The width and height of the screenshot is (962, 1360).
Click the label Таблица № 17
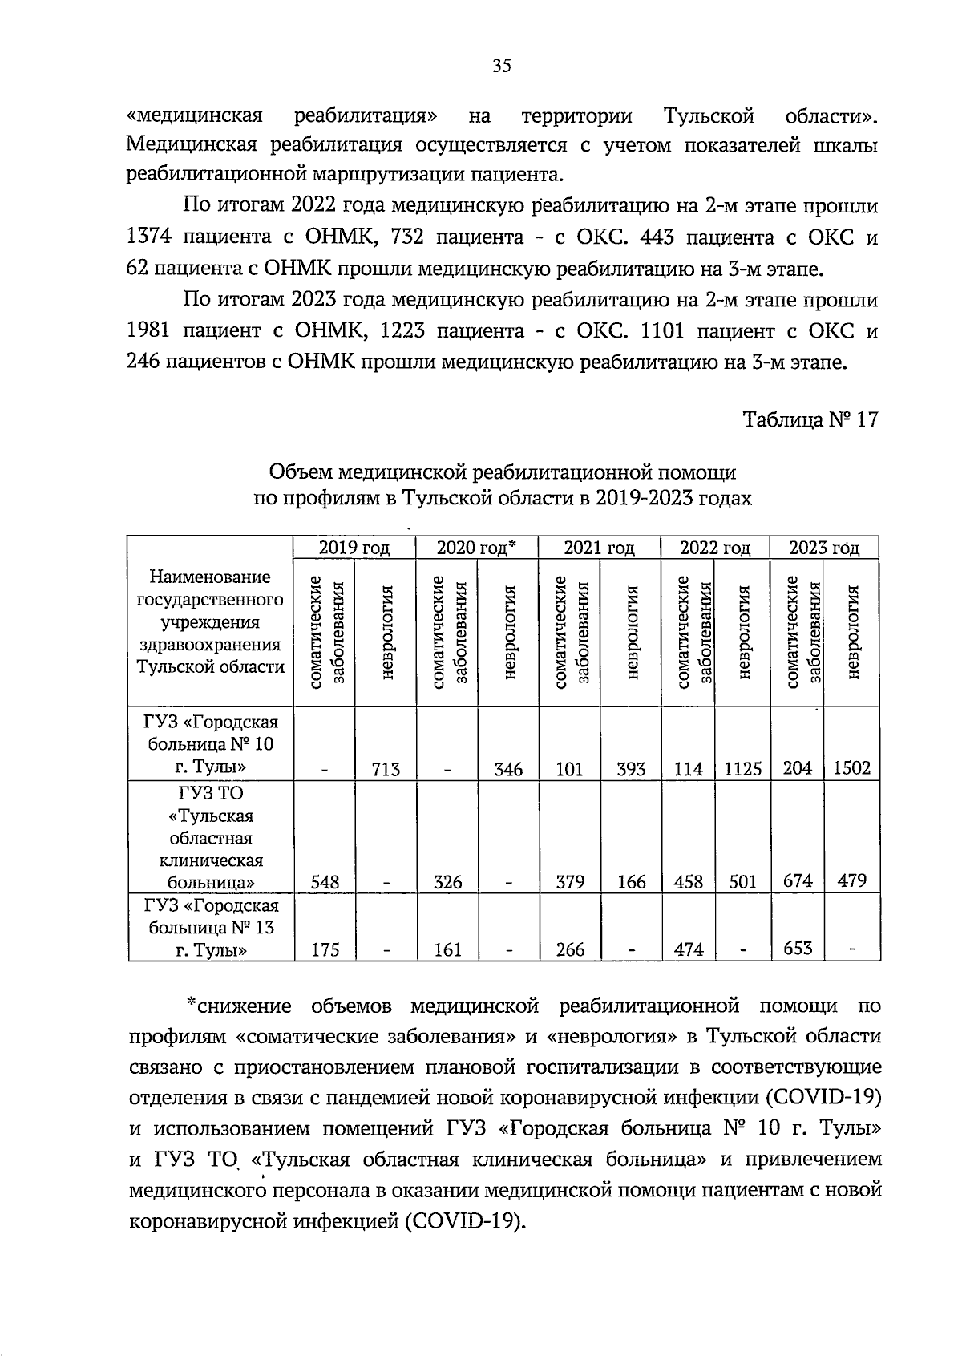[810, 419]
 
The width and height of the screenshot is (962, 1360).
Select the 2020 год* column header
[476, 548]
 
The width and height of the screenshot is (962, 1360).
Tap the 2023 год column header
[824, 548]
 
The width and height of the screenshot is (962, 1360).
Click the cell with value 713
[386, 770]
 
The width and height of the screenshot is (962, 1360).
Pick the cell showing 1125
[741, 770]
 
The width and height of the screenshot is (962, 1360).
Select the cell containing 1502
[851, 768]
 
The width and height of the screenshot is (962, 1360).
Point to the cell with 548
[324, 882]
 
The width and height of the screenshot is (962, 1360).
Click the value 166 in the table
[631, 882]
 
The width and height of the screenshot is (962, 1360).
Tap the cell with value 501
[742, 882]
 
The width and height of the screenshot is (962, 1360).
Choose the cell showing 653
[797, 948]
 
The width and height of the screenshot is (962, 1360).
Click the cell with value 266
[570, 949]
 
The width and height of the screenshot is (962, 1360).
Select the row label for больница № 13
[211, 928]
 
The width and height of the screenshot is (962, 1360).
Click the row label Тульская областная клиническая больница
[211, 838]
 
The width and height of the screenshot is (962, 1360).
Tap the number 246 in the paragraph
[144, 362]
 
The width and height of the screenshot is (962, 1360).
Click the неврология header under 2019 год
[387, 633]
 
